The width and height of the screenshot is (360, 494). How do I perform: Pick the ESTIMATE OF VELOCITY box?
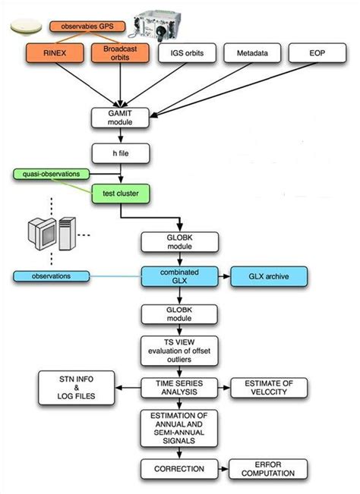pos(270,386)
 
